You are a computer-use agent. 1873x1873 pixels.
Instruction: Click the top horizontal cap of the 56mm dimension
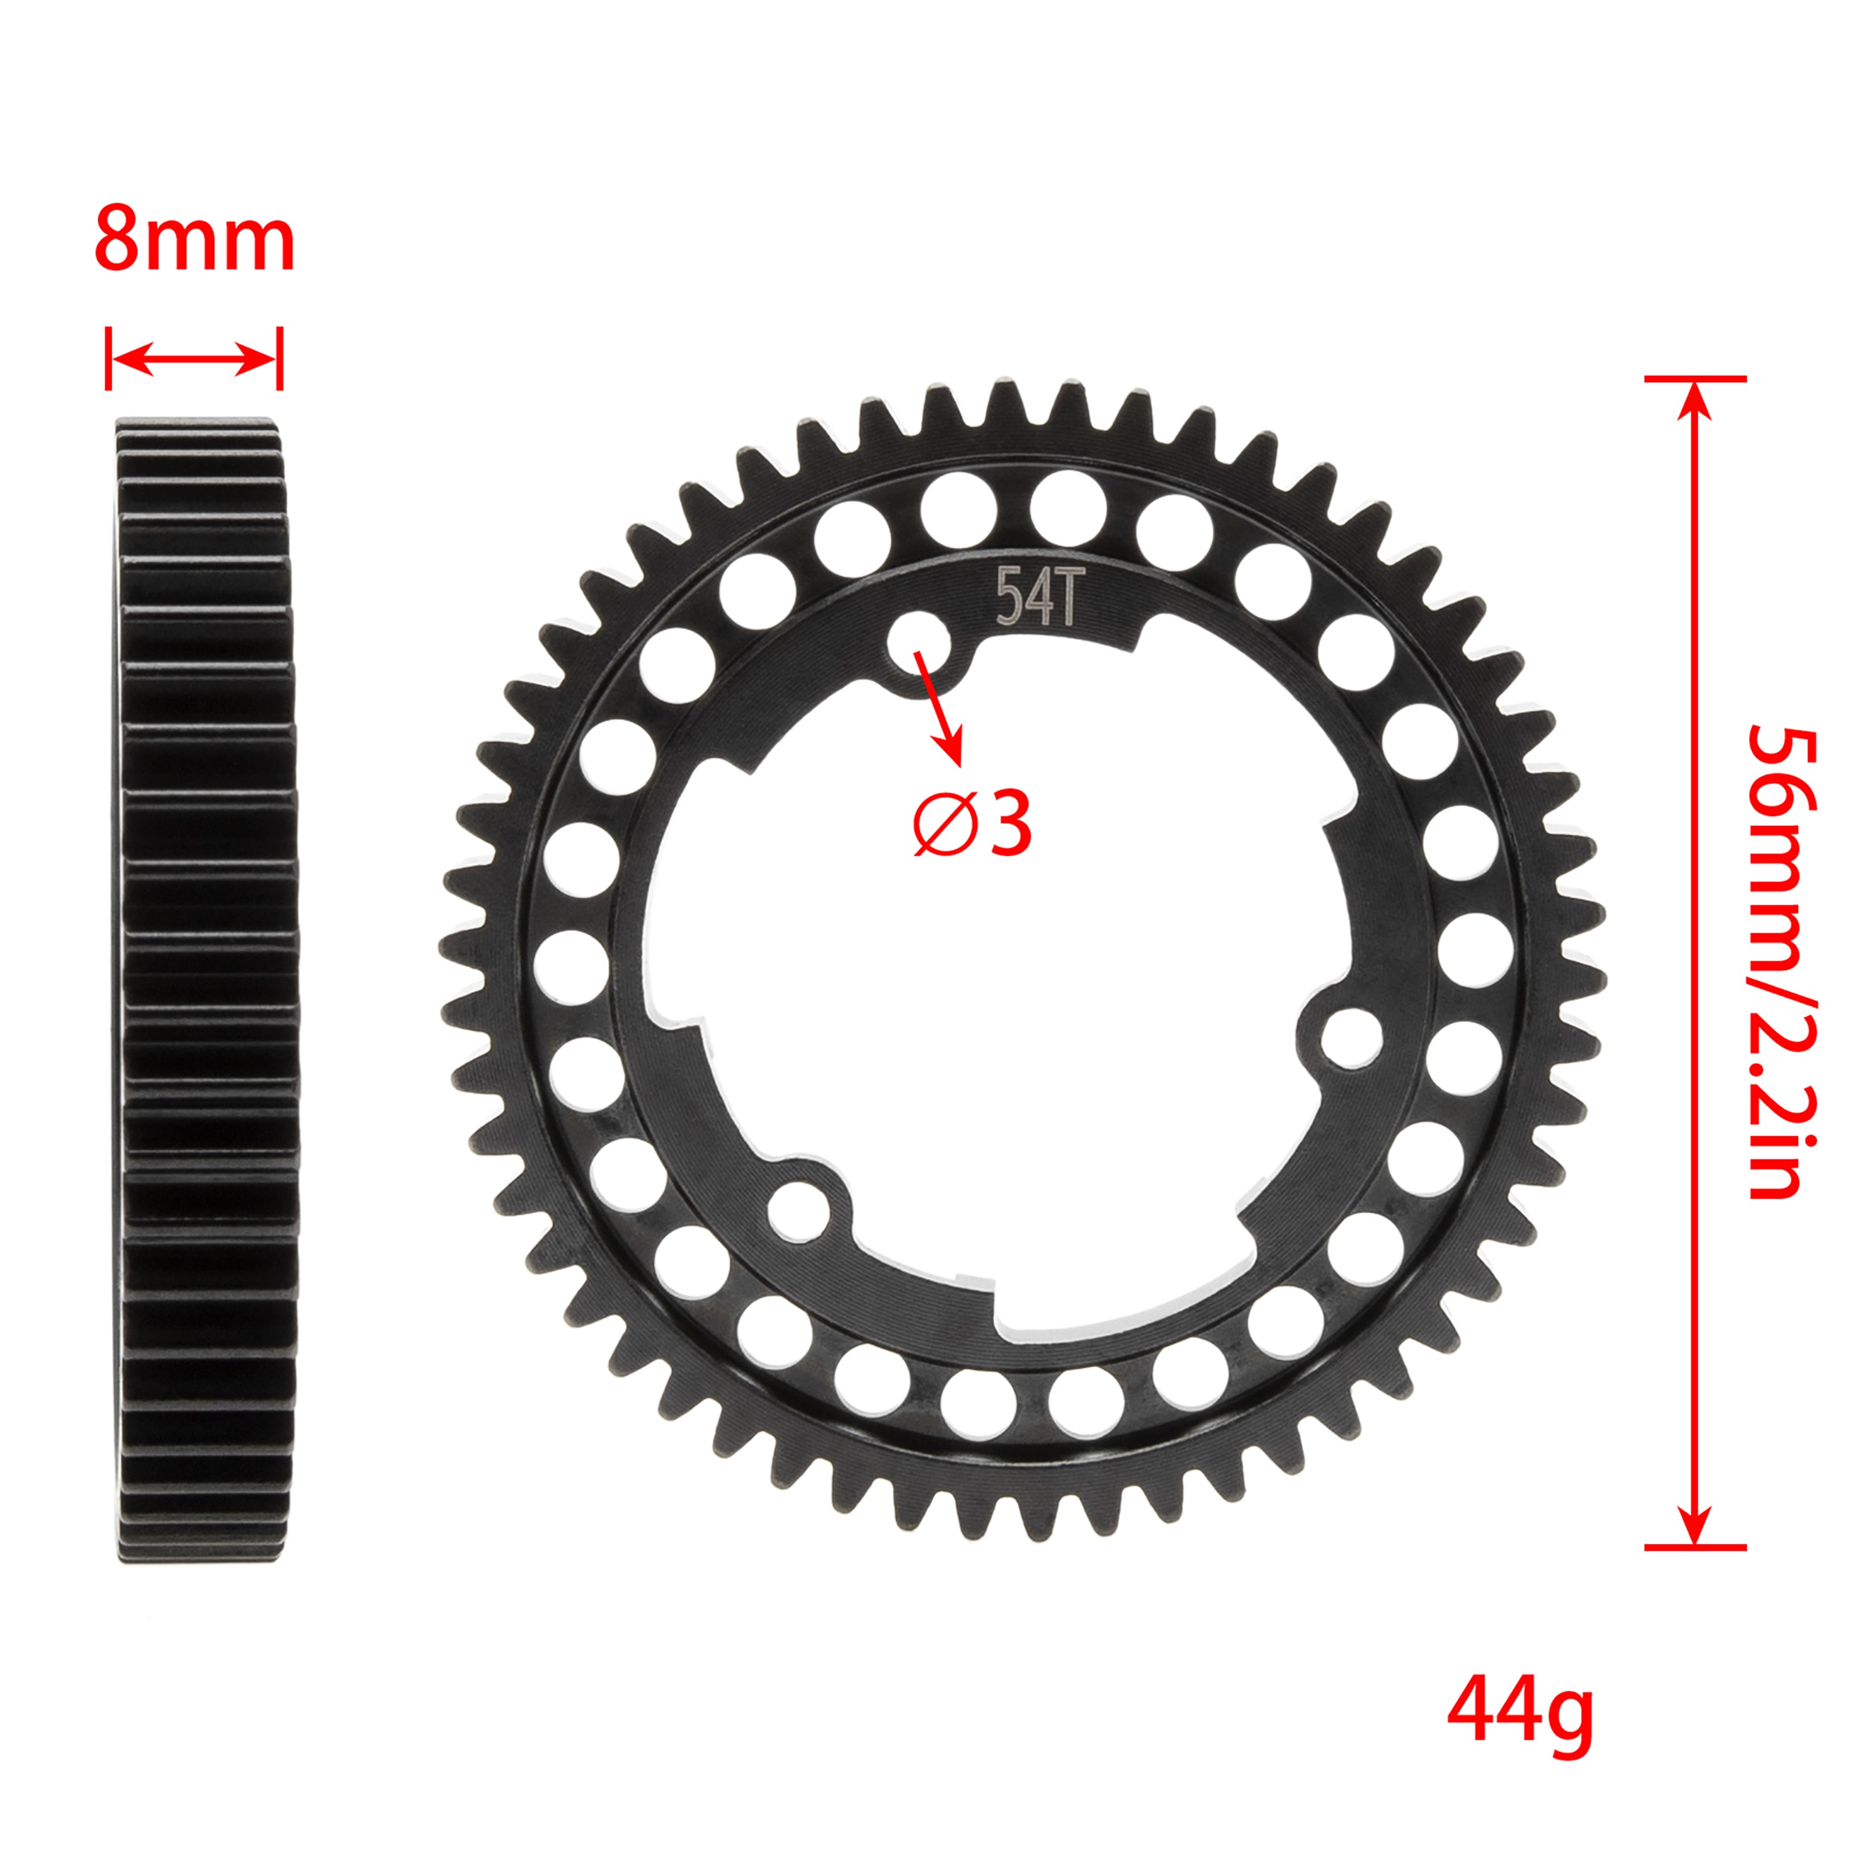point(1694,379)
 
